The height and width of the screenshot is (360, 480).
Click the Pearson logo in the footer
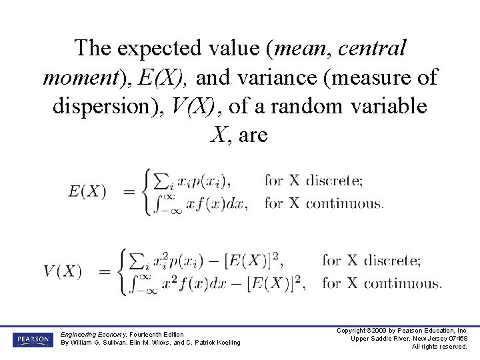32,339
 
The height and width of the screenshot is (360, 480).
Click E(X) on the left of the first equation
87,191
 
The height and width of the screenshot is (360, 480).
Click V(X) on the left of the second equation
63,271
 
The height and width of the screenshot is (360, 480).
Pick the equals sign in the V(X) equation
105,271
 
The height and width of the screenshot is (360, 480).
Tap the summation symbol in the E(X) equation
160,181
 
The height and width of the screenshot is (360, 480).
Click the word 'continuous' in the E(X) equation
345,203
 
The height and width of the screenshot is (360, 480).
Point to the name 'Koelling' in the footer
225,343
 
